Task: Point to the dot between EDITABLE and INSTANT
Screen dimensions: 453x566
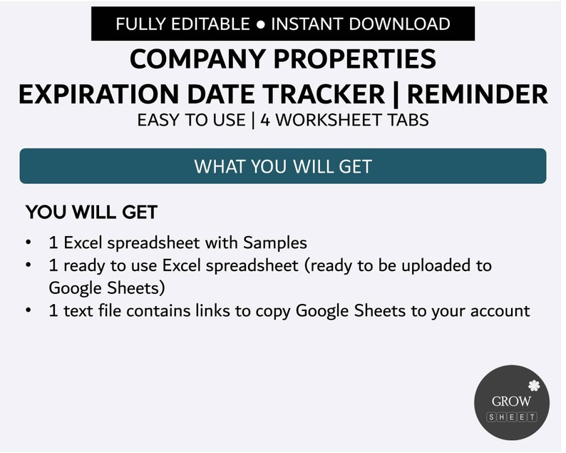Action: pyautogui.click(x=260, y=24)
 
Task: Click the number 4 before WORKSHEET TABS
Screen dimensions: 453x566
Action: pyautogui.click(x=265, y=119)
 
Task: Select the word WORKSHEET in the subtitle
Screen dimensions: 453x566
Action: pyautogui.click(x=327, y=119)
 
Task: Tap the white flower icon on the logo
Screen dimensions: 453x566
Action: pyautogui.click(x=533, y=387)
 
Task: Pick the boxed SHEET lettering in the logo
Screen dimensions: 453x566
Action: pyautogui.click(x=512, y=417)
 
